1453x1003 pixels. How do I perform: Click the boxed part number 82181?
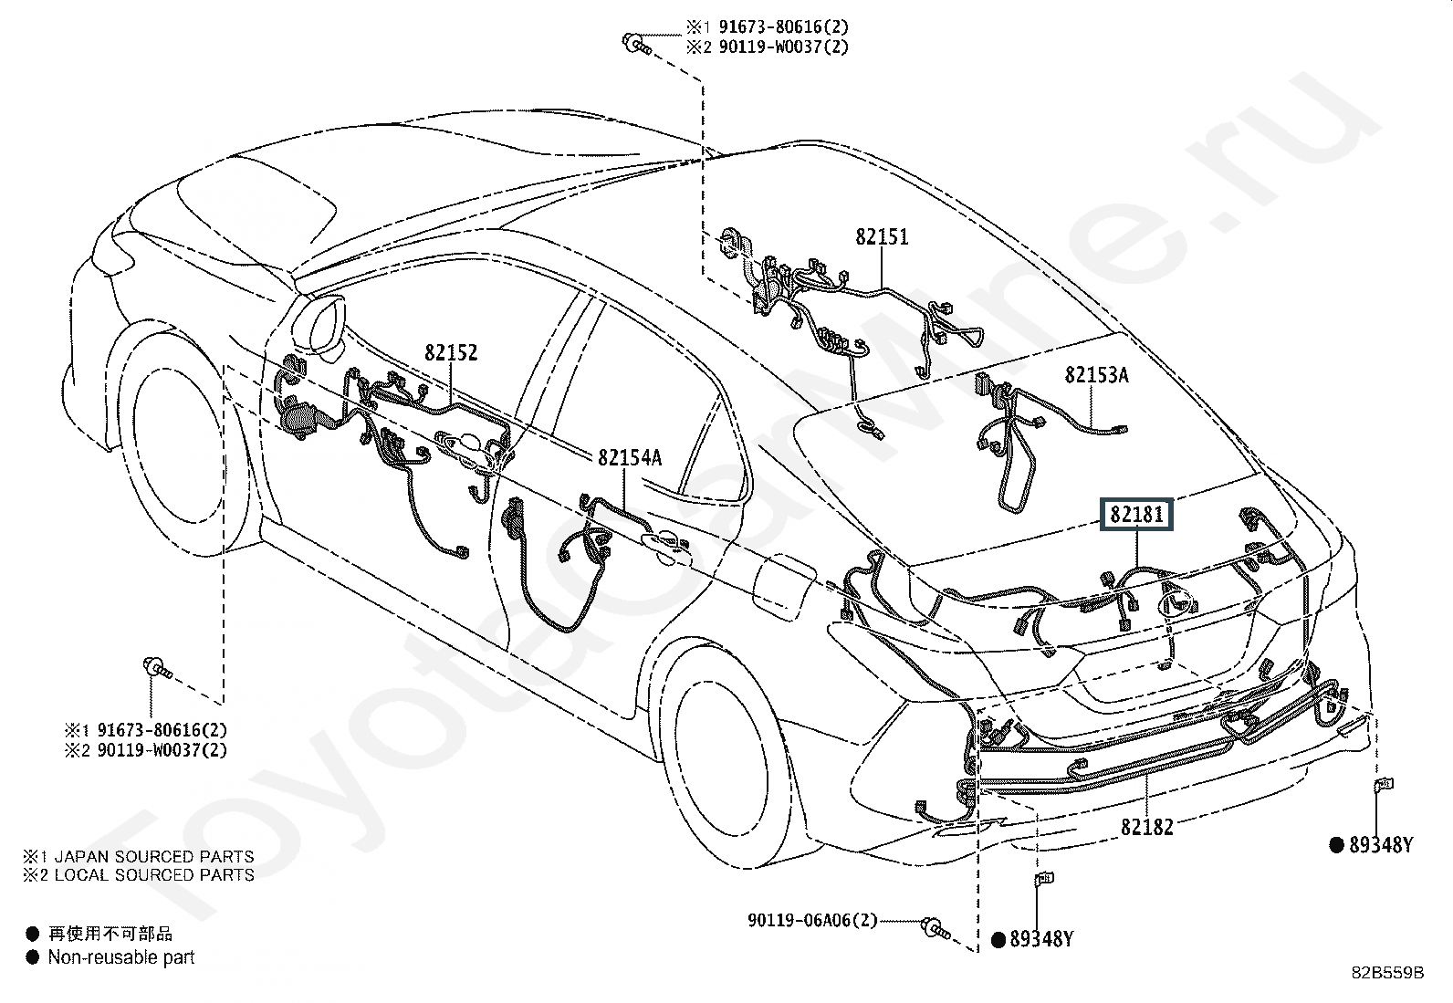(x=1136, y=515)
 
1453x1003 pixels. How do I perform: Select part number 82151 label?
(x=882, y=237)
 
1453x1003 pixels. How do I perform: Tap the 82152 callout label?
(x=450, y=353)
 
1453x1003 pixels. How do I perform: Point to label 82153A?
(x=1096, y=375)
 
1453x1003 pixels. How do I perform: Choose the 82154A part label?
(x=630, y=458)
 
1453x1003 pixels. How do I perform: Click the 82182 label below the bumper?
(x=1146, y=827)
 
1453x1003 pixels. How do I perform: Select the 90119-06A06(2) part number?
(x=812, y=921)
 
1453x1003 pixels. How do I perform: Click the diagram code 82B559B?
(x=1387, y=973)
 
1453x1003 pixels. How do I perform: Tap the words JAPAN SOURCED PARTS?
(x=154, y=857)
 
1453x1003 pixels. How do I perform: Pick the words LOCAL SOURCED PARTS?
(x=154, y=875)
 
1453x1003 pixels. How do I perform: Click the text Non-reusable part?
(x=121, y=957)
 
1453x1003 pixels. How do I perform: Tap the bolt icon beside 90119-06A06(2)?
(x=936, y=928)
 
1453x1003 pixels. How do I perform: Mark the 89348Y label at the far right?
(x=1380, y=846)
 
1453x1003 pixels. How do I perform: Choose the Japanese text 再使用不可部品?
(x=110, y=934)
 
